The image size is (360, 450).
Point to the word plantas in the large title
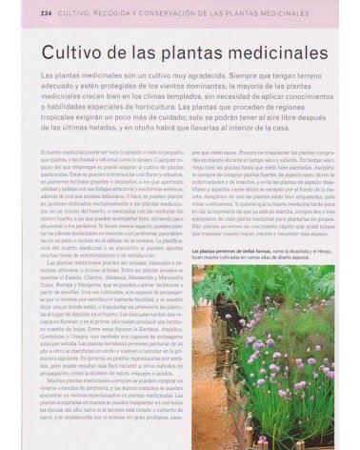[x=179, y=46]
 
